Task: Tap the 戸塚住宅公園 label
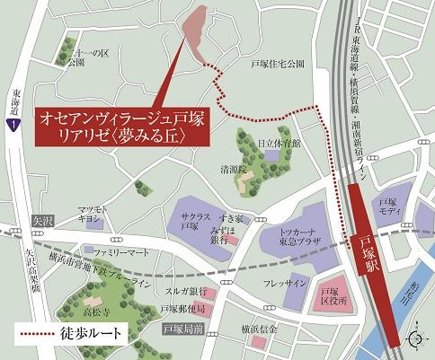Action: coord(278,65)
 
